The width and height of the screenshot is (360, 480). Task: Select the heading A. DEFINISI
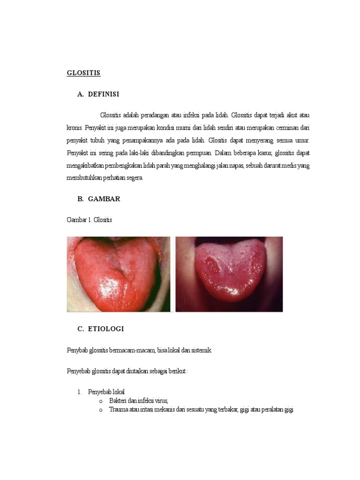click(98, 94)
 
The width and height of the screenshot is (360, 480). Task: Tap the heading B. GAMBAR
click(99, 199)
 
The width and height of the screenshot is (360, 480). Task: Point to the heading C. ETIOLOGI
click(100, 329)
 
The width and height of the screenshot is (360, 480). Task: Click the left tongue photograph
click(119, 274)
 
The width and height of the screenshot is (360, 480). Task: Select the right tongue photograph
click(229, 274)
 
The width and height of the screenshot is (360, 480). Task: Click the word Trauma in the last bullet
click(118, 410)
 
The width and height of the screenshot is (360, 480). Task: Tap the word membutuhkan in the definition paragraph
click(85, 178)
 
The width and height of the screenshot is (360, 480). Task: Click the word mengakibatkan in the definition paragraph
click(85, 165)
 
